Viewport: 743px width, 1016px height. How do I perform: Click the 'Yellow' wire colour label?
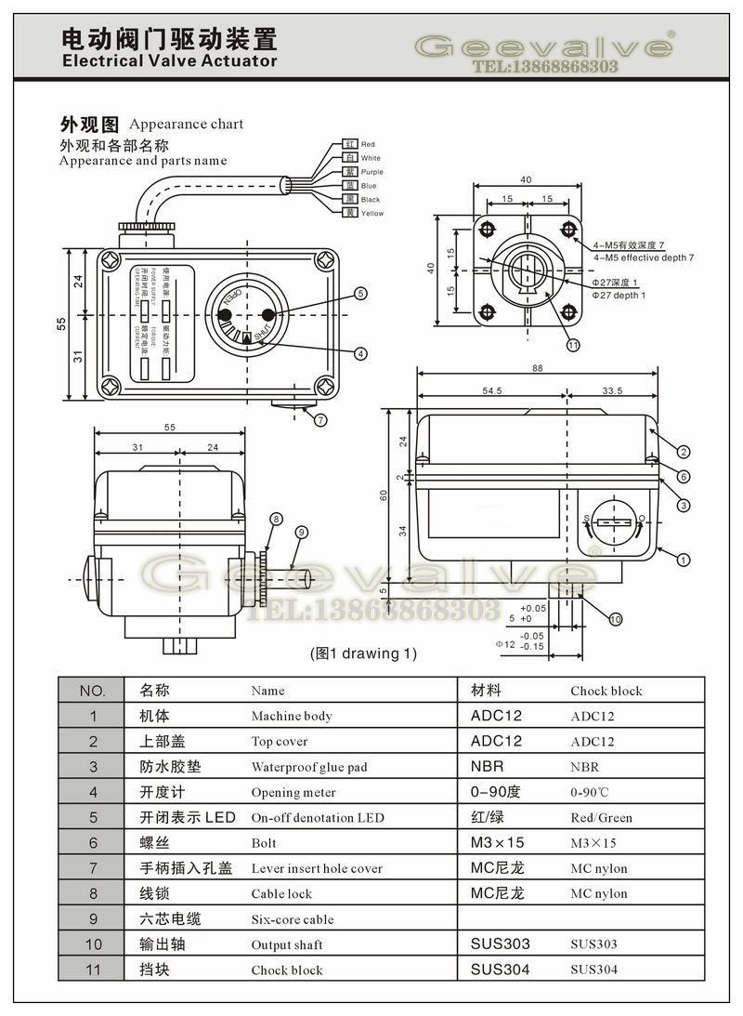(x=371, y=214)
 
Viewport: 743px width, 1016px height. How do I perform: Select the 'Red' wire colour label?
(x=368, y=144)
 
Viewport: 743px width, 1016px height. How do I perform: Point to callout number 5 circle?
(x=360, y=295)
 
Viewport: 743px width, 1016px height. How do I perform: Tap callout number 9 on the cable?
(x=301, y=532)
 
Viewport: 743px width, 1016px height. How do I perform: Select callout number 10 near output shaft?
(x=616, y=618)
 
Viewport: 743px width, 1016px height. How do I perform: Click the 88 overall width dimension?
(x=537, y=368)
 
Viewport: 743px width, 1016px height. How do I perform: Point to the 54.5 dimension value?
(x=492, y=391)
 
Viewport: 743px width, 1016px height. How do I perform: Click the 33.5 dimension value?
(x=612, y=391)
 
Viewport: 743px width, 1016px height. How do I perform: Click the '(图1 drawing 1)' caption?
(x=363, y=653)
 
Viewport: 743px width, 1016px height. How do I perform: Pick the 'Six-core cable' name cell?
(x=293, y=919)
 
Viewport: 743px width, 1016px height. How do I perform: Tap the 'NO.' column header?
(x=92, y=691)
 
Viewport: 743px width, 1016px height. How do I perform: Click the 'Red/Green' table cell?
(x=601, y=818)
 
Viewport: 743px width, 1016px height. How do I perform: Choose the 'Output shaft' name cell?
(x=287, y=944)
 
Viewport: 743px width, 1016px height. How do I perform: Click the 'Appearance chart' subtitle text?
(x=187, y=124)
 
